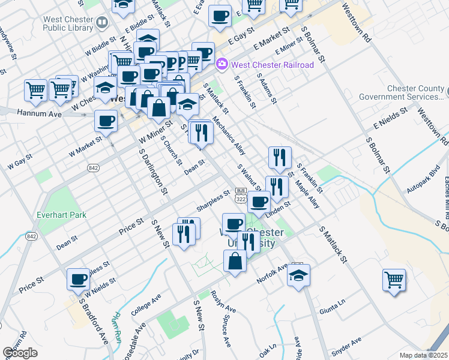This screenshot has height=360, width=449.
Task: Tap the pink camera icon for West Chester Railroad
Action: coord(221,64)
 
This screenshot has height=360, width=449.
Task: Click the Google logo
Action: coord(20,353)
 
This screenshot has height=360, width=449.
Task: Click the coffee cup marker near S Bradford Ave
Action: coord(78,279)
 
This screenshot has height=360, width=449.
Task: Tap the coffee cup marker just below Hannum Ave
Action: coord(106,121)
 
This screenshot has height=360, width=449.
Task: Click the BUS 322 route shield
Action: coord(241,195)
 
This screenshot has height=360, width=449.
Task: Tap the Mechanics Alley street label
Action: coord(229,136)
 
